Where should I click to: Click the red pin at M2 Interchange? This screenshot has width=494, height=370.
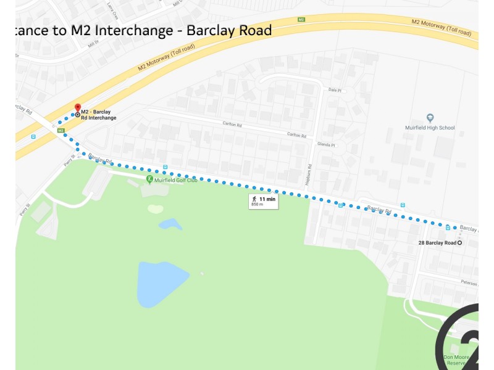pyautogui.click(x=78, y=109)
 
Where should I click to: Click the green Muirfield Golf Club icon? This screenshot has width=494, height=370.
pyautogui.click(x=149, y=179)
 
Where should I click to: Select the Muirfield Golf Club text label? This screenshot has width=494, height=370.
pyautogui.click(x=176, y=180)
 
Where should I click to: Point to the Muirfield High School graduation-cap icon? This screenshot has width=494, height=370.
pyautogui.click(x=430, y=118)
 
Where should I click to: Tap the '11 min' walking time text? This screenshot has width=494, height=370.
pyautogui.click(x=267, y=199)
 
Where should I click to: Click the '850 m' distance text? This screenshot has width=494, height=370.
pyautogui.click(x=257, y=205)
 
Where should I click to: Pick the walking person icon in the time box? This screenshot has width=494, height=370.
pyautogui.click(x=254, y=199)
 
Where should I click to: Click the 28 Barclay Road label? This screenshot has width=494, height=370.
pyautogui.click(x=437, y=243)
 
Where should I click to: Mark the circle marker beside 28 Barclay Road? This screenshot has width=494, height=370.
pyautogui.click(x=460, y=243)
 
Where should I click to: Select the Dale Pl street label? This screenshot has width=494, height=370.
pyautogui.click(x=335, y=90)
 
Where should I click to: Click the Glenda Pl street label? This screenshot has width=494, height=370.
pyautogui.click(x=325, y=146)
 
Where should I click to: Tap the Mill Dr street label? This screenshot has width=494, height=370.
pyautogui.click(x=93, y=43)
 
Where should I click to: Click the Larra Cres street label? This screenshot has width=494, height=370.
pyautogui.click(x=112, y=9)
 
